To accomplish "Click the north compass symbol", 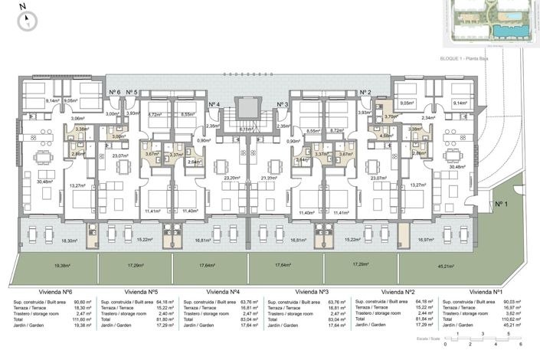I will point(25,18).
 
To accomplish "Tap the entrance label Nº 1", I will point(502,205).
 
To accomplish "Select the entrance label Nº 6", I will point(114,93).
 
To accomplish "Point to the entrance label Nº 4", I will point(214,104).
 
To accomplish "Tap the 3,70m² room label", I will point(390,116).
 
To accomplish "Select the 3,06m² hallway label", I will point(77,118).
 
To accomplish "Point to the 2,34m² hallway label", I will point(450,118).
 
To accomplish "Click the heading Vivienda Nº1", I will point(486,292).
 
